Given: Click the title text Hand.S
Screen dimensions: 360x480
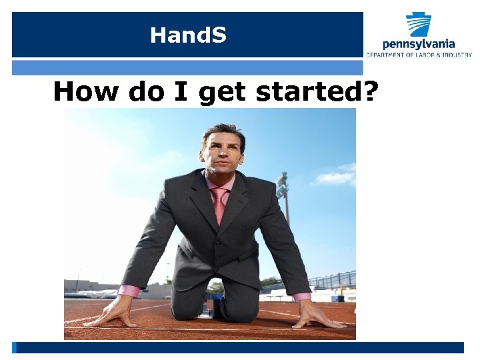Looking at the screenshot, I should coord(188,35).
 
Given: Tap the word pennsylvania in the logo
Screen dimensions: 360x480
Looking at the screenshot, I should coord(419,44).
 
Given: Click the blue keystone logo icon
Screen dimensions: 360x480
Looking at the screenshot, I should coord(419,24).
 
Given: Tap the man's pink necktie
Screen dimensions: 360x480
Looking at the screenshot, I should coord(218,204).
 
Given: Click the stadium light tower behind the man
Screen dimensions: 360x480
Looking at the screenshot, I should coord(283,193).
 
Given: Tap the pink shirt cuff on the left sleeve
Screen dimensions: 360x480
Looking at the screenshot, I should coord(129,291).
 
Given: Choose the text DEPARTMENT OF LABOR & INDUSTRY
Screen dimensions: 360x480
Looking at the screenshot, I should coord(419,55).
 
